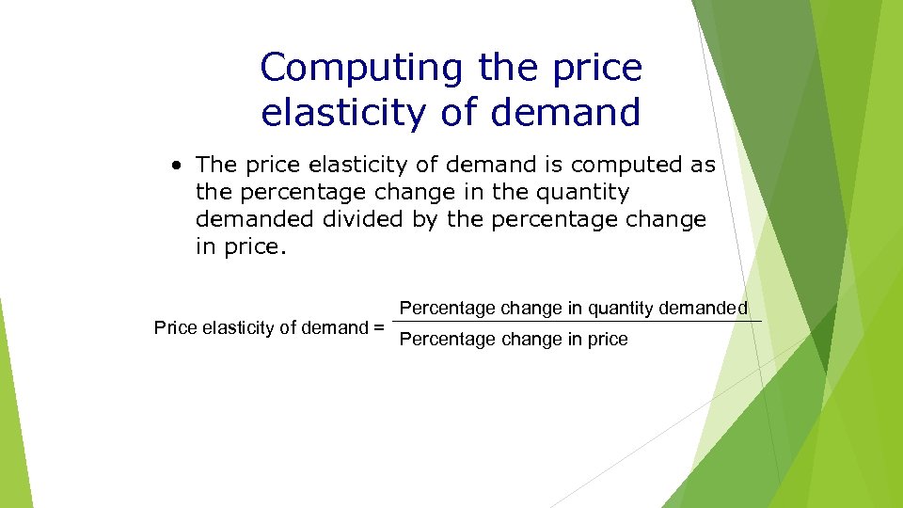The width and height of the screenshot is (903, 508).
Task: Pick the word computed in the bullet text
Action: [x=625, y=166]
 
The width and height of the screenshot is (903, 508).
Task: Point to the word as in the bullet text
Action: [x=703, y=166]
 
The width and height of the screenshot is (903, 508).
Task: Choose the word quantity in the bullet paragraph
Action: [x=582, y=193]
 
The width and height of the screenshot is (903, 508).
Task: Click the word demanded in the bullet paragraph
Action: [x=256, y=220]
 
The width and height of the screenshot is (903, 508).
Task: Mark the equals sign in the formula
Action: [x=378, y=328]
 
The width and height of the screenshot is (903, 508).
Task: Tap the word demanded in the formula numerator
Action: [x=703, y=309]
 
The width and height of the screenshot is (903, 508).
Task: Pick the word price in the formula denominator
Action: [x=608, y=340]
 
